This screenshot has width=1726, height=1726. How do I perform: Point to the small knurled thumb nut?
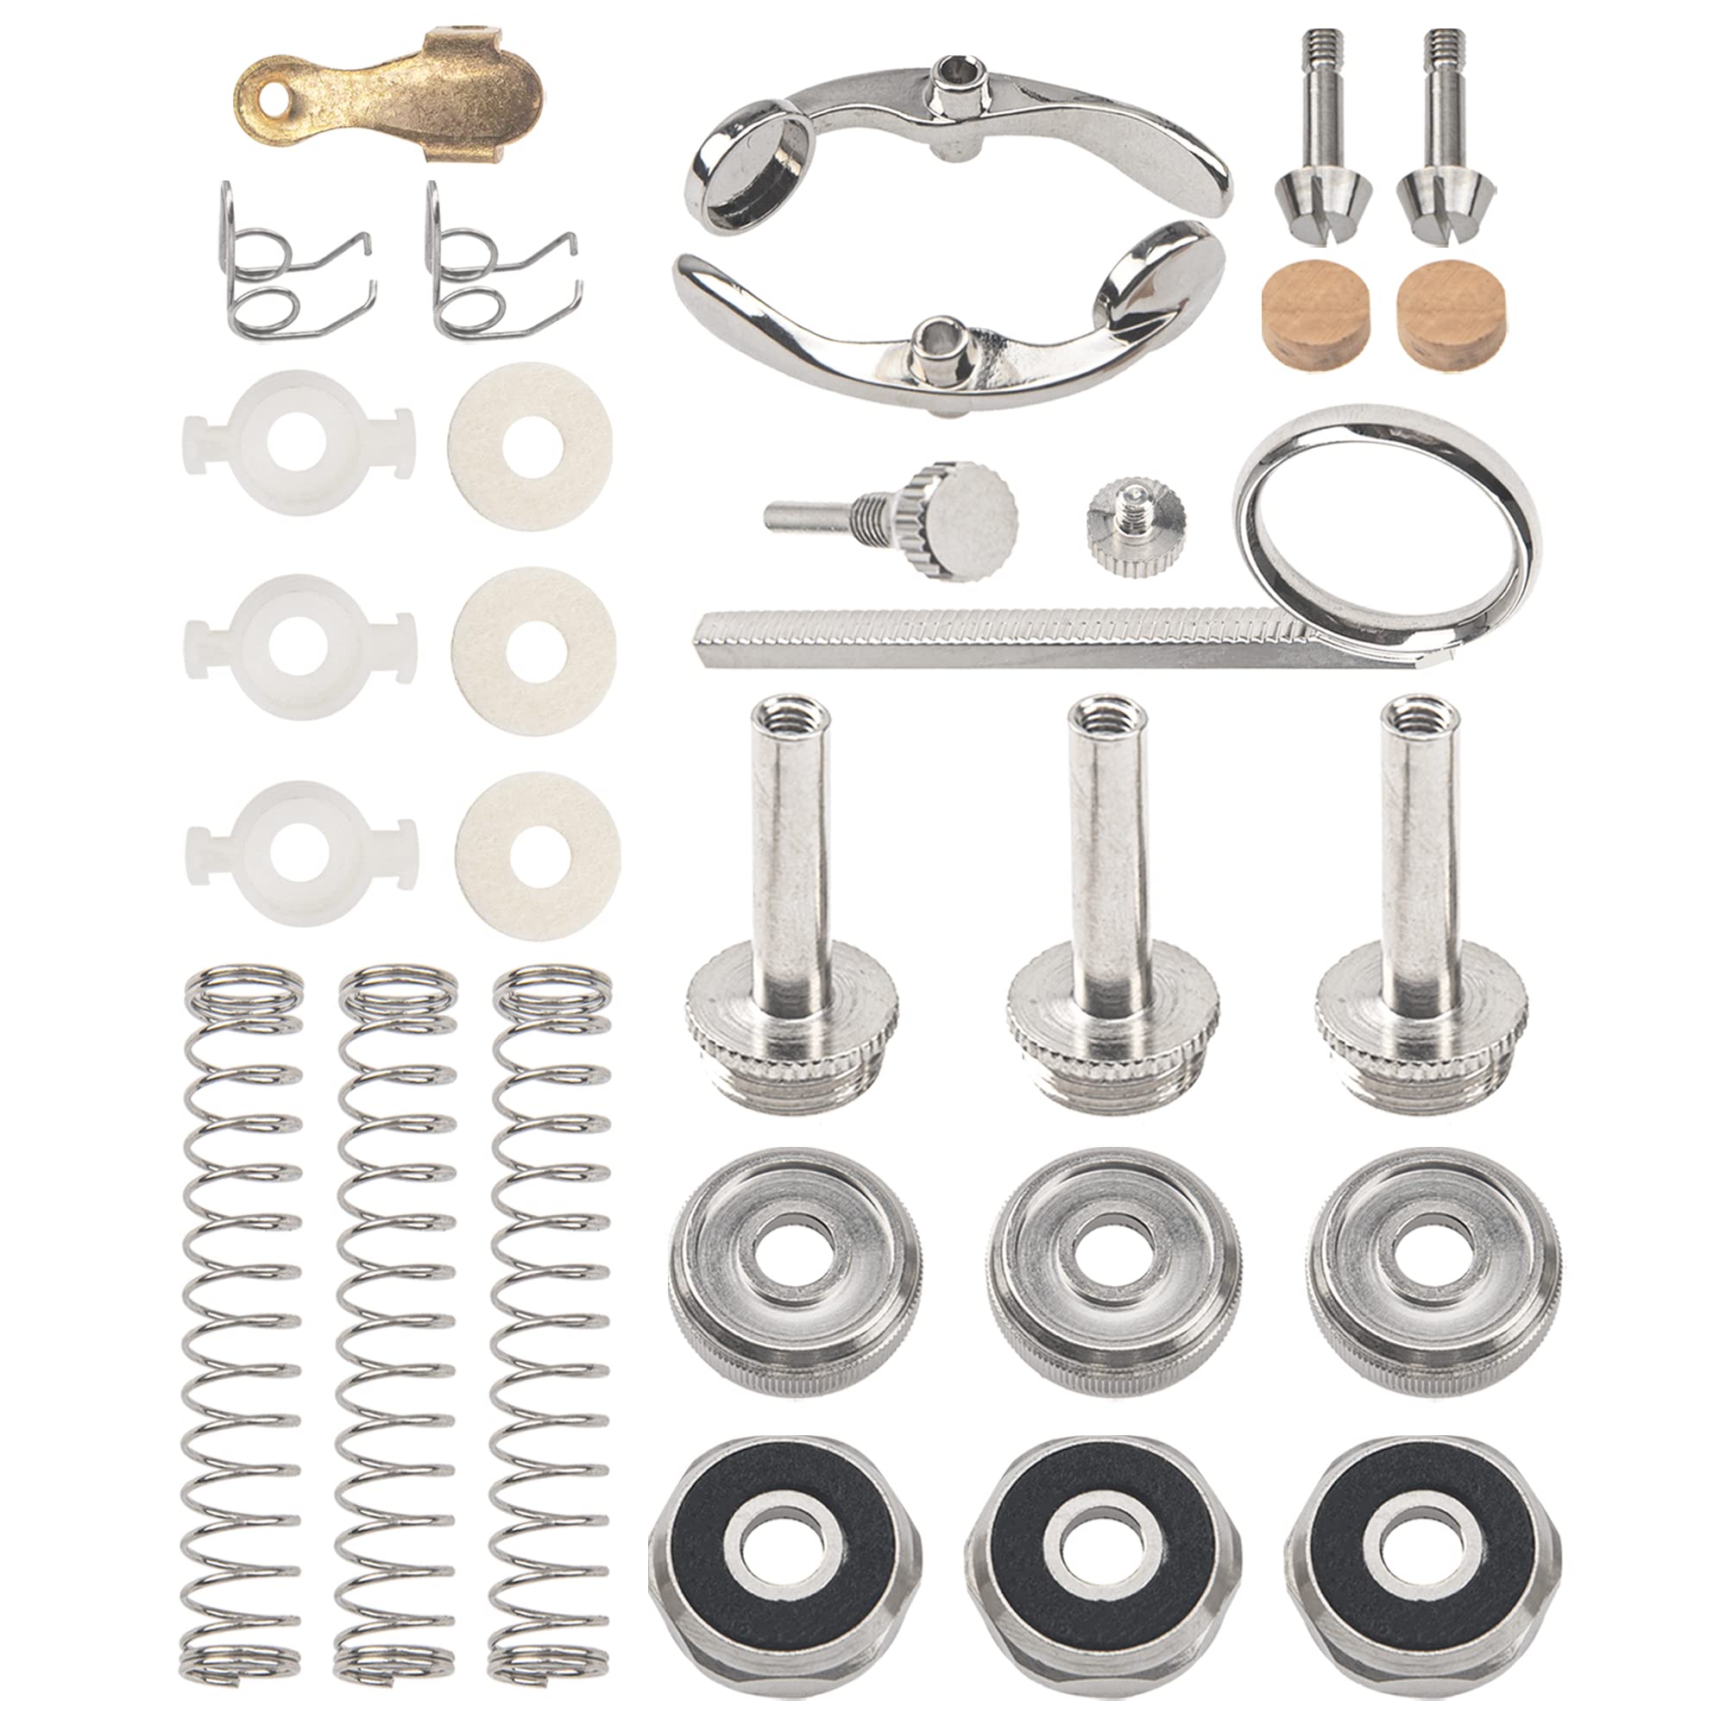pos(1136,529)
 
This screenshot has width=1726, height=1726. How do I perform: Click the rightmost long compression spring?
pos(552,1340)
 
